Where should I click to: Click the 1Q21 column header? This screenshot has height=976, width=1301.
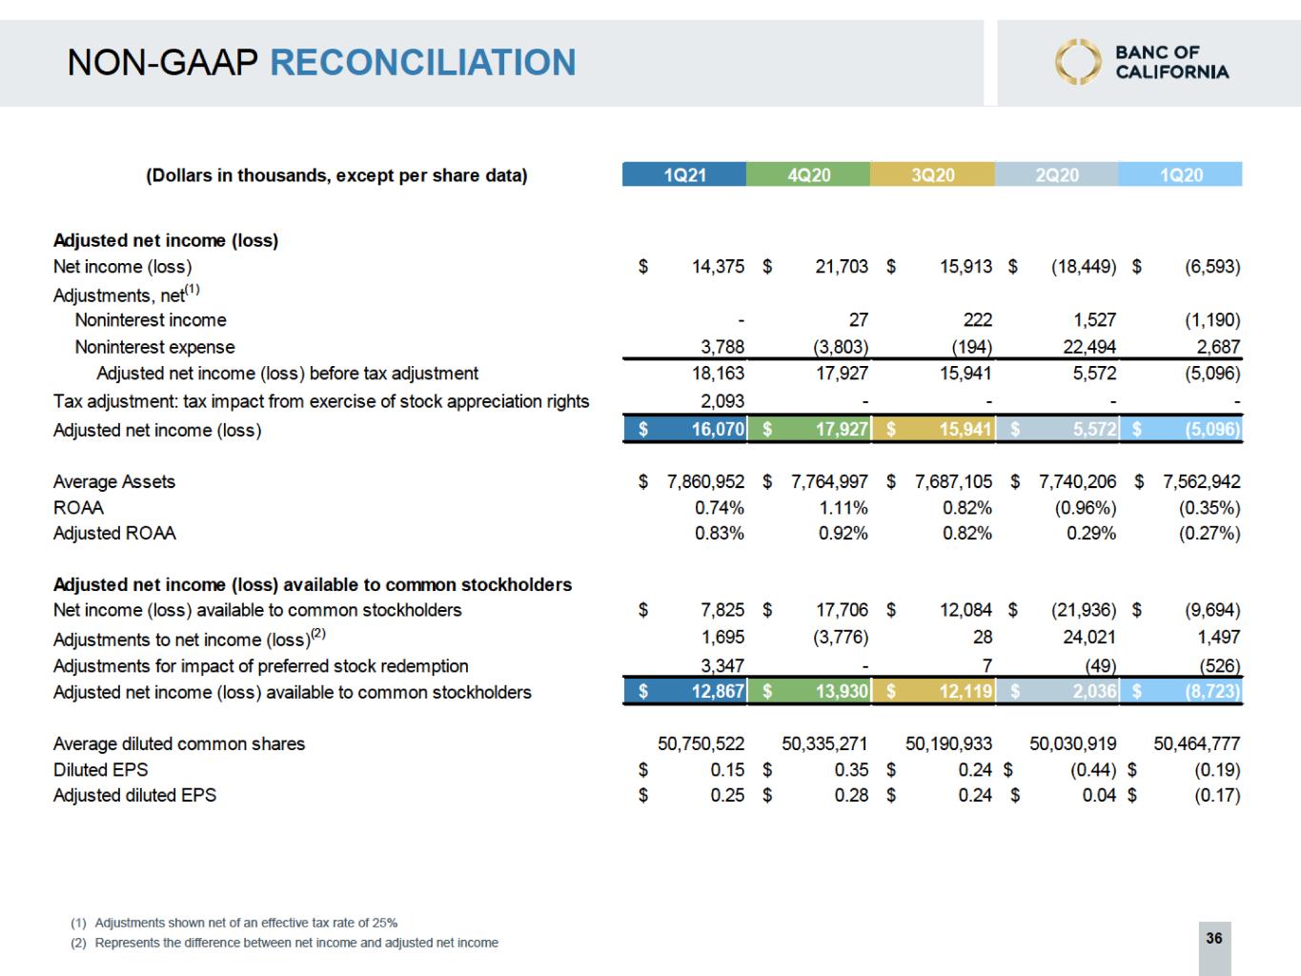point(684,174)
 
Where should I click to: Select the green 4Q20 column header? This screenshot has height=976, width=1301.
point(808,174)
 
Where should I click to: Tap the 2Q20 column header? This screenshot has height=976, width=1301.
point(1056,174)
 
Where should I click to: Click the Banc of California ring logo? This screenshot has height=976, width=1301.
point(1077,62)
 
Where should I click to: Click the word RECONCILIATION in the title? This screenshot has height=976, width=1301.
point(423,63)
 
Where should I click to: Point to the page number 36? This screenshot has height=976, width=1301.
point(1213,938)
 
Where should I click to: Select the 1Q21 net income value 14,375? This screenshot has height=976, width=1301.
point(718,267)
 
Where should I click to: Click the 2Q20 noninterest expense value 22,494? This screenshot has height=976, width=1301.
point(1089,347)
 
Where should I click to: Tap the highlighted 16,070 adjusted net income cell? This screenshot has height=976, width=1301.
point(717,429)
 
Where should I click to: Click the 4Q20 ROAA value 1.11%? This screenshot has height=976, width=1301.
point(844,508)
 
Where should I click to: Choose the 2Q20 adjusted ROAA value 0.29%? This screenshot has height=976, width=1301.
point(1091,534)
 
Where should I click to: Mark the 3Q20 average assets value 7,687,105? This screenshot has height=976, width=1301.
point(953,481)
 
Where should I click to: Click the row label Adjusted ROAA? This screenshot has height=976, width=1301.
point(114,534)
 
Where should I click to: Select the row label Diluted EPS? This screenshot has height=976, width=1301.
point(100,769)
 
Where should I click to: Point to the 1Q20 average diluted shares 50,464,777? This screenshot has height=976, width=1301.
point(1196,743)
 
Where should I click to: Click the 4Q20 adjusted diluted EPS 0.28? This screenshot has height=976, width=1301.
point(851,795)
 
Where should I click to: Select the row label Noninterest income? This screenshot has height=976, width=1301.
point(151,320)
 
